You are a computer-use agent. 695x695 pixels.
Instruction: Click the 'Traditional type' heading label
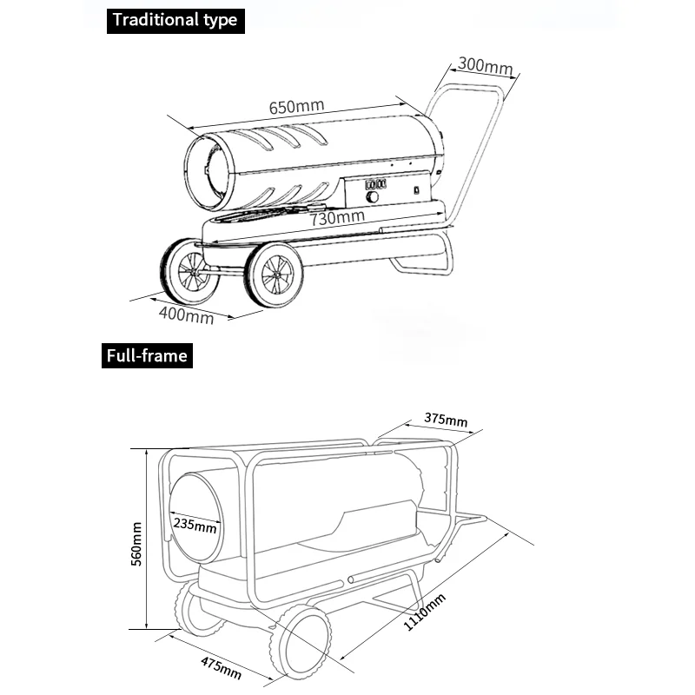173,20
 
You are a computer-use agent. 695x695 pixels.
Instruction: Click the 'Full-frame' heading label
146,355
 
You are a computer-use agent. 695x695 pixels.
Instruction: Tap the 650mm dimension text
296,108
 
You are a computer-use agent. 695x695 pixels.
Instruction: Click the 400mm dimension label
186,314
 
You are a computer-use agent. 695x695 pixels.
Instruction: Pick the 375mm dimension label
446,420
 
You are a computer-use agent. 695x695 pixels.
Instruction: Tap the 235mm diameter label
195,525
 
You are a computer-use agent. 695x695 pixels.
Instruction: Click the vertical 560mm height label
136,544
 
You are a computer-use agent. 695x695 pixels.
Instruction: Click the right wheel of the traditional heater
274,275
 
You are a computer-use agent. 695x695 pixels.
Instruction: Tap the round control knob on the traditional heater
373,197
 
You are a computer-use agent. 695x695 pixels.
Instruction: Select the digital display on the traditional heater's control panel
374,184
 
